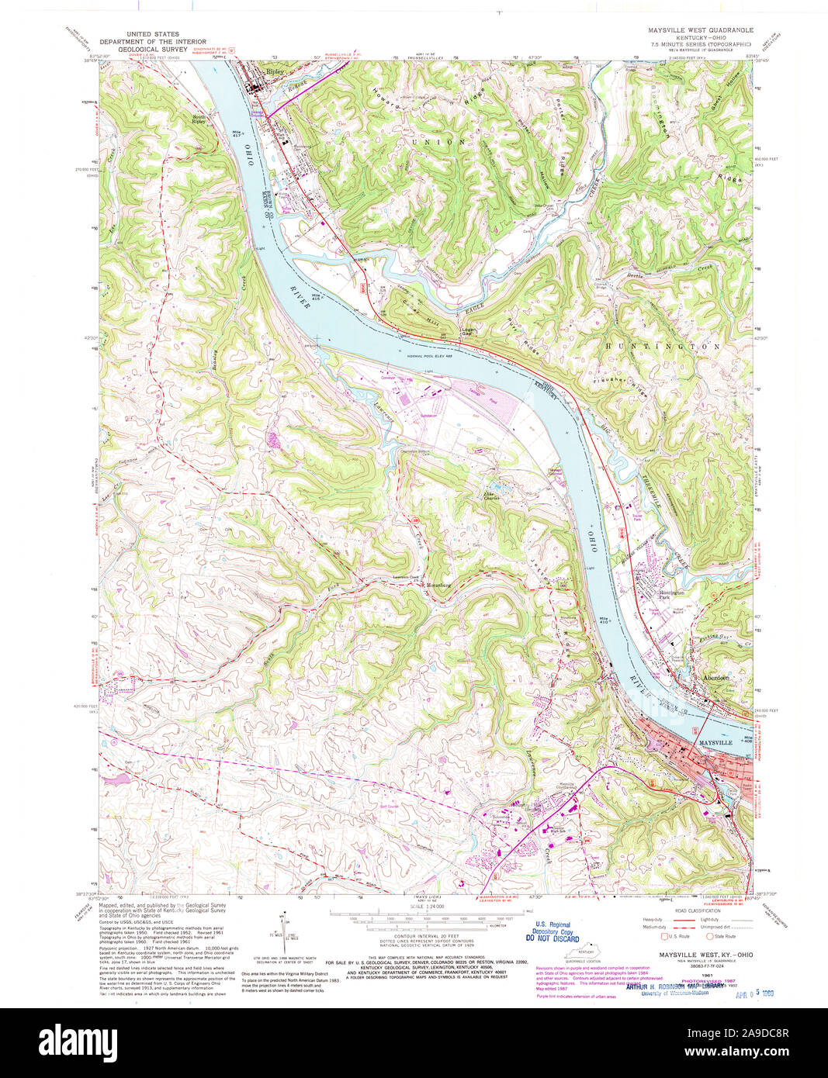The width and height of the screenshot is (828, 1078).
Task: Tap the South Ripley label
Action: (199, 120)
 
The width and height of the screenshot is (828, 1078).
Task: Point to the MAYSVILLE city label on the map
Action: (715, 742)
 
